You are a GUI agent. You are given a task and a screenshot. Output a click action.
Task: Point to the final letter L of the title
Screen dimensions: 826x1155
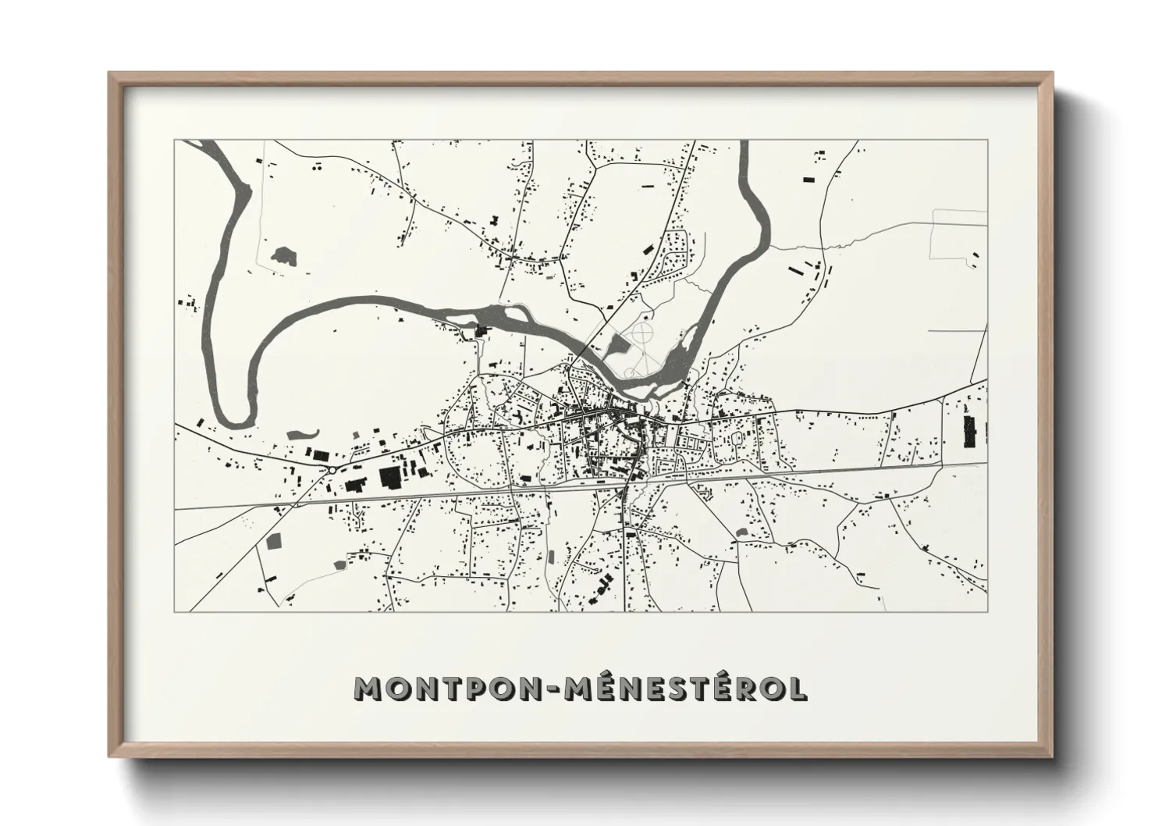coord(798,689)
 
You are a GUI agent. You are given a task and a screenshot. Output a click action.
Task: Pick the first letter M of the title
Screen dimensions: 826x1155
coord(369,689)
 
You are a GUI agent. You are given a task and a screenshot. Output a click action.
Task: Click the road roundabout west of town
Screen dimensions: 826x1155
coord(333,469)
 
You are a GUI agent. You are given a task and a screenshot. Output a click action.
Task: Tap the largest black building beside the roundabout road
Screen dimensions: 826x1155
coord(389,476)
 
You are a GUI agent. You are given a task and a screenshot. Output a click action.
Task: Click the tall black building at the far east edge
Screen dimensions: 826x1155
coord(970,432)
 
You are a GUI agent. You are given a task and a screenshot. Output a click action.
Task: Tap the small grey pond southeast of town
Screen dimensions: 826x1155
coord(741,532)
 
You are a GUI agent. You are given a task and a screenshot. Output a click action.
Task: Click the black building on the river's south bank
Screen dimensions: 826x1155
coord(480,331)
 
